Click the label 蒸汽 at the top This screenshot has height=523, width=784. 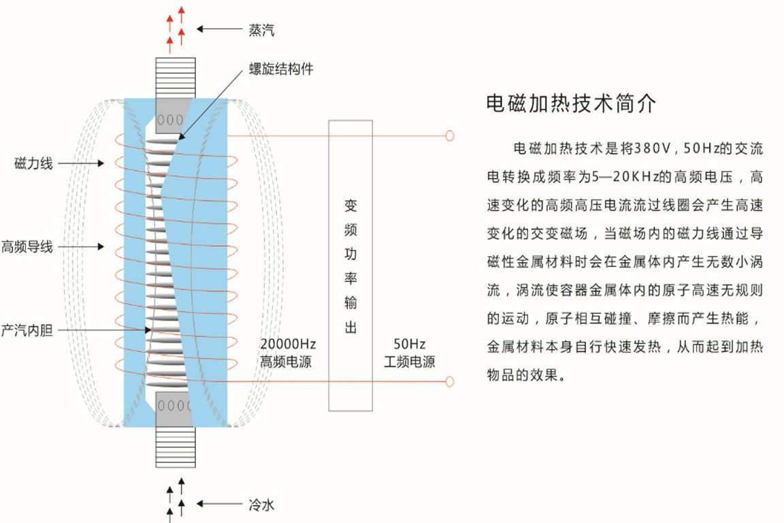262,30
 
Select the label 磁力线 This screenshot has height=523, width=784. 34,163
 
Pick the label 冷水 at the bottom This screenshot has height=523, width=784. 262,505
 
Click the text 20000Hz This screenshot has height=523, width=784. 288,345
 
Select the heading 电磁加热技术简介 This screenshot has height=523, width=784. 571,104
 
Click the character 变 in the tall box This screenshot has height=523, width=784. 350,205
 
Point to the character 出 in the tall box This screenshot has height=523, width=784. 350,328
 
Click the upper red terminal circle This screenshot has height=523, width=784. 449,136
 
